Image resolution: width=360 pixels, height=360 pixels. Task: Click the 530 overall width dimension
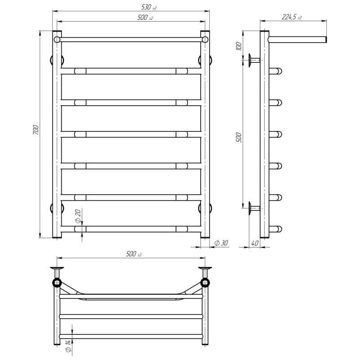(148, 7)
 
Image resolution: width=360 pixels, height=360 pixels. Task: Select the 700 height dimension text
(36, 130)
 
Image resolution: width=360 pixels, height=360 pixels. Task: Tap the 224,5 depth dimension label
(291, 17)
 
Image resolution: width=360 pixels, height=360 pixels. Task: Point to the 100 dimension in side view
(239, 46)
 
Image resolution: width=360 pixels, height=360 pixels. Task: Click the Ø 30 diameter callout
(221, 243)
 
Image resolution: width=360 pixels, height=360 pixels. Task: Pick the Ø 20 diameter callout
(78, 216)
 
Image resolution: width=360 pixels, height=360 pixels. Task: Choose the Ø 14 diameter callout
(68, 346)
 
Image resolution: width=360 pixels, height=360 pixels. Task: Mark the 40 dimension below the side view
(255, 243)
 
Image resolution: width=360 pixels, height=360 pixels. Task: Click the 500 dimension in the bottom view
(134, 254)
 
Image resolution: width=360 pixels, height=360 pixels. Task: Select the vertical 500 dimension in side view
(239, 137)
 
